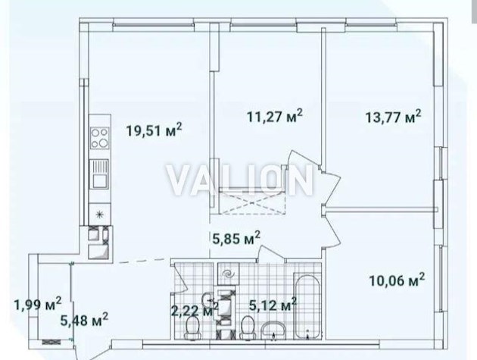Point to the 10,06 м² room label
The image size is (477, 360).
click(x=395, y=280)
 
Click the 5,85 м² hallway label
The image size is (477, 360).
click(x=235, y=239)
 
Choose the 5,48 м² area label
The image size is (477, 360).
click(x=83, y=321)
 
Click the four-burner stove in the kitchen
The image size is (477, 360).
click(x=99, y=138)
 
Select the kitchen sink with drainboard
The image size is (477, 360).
click(x=99, y=176)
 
